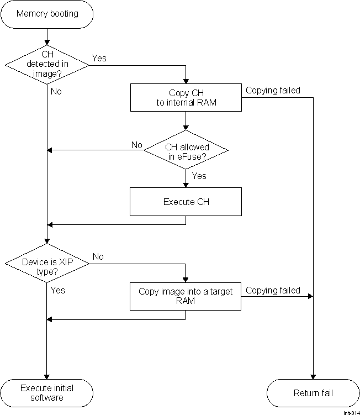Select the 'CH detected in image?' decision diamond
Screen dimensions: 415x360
tap(47, 64)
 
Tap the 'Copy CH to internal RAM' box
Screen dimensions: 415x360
tap(186, 97)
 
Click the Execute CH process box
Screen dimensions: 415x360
tap(186, 202)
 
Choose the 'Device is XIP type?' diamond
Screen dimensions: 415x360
tap(47, 263)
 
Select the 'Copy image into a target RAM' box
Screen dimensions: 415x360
tap(186, 296)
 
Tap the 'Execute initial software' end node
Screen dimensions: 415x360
tap(47, 393)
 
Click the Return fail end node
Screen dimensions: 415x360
tap(313, 393)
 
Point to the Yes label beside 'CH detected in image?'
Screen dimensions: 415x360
tap(99, 59)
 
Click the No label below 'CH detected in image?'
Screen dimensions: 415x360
tap(56, 92)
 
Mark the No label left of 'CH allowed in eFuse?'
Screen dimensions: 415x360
tap(136, 145)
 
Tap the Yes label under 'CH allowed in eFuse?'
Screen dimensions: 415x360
tap(199, 176)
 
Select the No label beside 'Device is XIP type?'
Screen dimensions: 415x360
tap(98, 257)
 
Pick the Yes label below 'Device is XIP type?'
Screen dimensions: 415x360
tap(57, 290)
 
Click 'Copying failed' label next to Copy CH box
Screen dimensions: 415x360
tap(273, 90)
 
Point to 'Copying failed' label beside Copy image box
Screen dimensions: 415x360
tap(273, 290)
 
